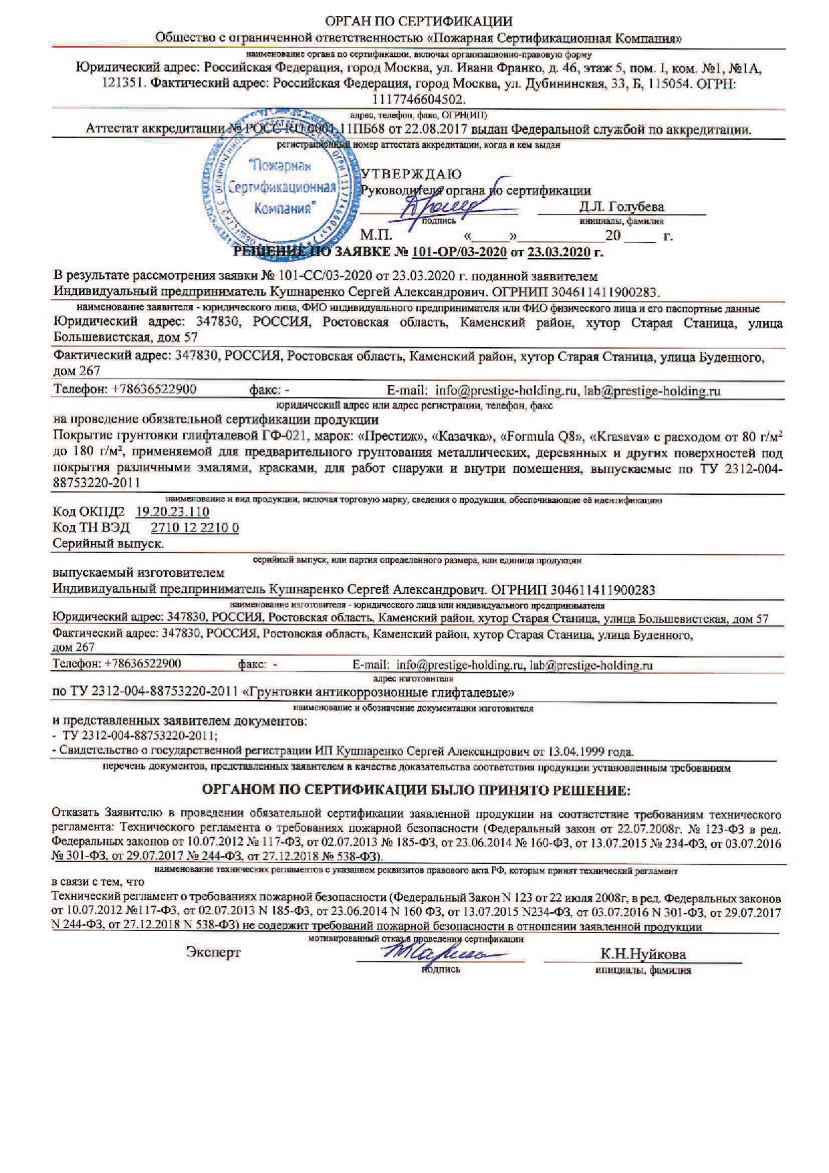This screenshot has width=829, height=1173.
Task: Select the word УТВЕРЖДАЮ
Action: (x=410, y=175)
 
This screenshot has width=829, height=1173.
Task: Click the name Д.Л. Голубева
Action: (x=622, y=207)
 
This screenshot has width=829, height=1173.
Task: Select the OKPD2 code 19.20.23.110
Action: (x=172, y=512)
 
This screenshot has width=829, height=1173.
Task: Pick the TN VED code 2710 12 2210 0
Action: (x=191, y=528)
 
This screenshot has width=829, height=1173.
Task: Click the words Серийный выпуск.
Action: (x=108, y=543)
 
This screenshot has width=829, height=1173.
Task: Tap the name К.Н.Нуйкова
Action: (x=643, y=954)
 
